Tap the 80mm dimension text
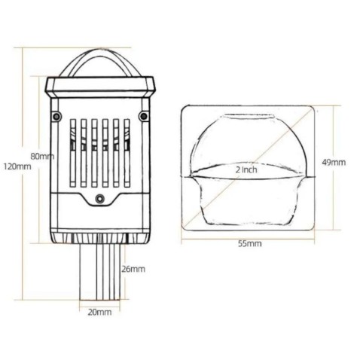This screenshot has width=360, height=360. [41, 156]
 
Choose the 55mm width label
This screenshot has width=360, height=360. [249, 244]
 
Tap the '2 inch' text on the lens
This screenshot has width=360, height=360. [245, 169]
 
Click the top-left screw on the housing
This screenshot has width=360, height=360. [57, 115]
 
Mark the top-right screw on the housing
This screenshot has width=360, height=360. [143, 115]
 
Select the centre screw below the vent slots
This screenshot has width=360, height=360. [100, 199]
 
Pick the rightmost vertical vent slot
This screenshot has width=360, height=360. [127, 153]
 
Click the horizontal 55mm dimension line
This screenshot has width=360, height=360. [248, 237]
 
